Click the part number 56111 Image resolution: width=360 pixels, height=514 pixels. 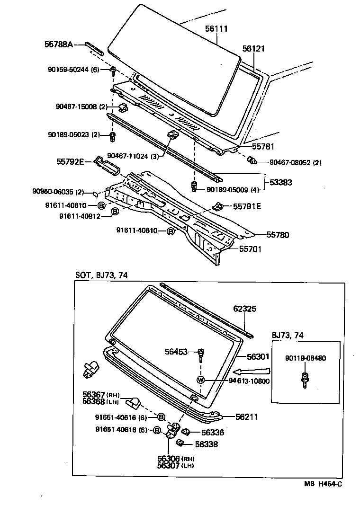pos(216,29)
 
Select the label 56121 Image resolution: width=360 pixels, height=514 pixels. pos(253,49)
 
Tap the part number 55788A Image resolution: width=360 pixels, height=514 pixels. pos(59,44)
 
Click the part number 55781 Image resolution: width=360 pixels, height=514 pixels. pos(263,147)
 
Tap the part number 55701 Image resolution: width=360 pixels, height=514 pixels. pos(250,249)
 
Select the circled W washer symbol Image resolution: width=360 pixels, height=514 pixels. pos(201,380)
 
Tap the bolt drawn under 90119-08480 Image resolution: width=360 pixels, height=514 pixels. pos(305,379)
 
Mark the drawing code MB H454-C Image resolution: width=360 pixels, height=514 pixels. pos(323,483)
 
